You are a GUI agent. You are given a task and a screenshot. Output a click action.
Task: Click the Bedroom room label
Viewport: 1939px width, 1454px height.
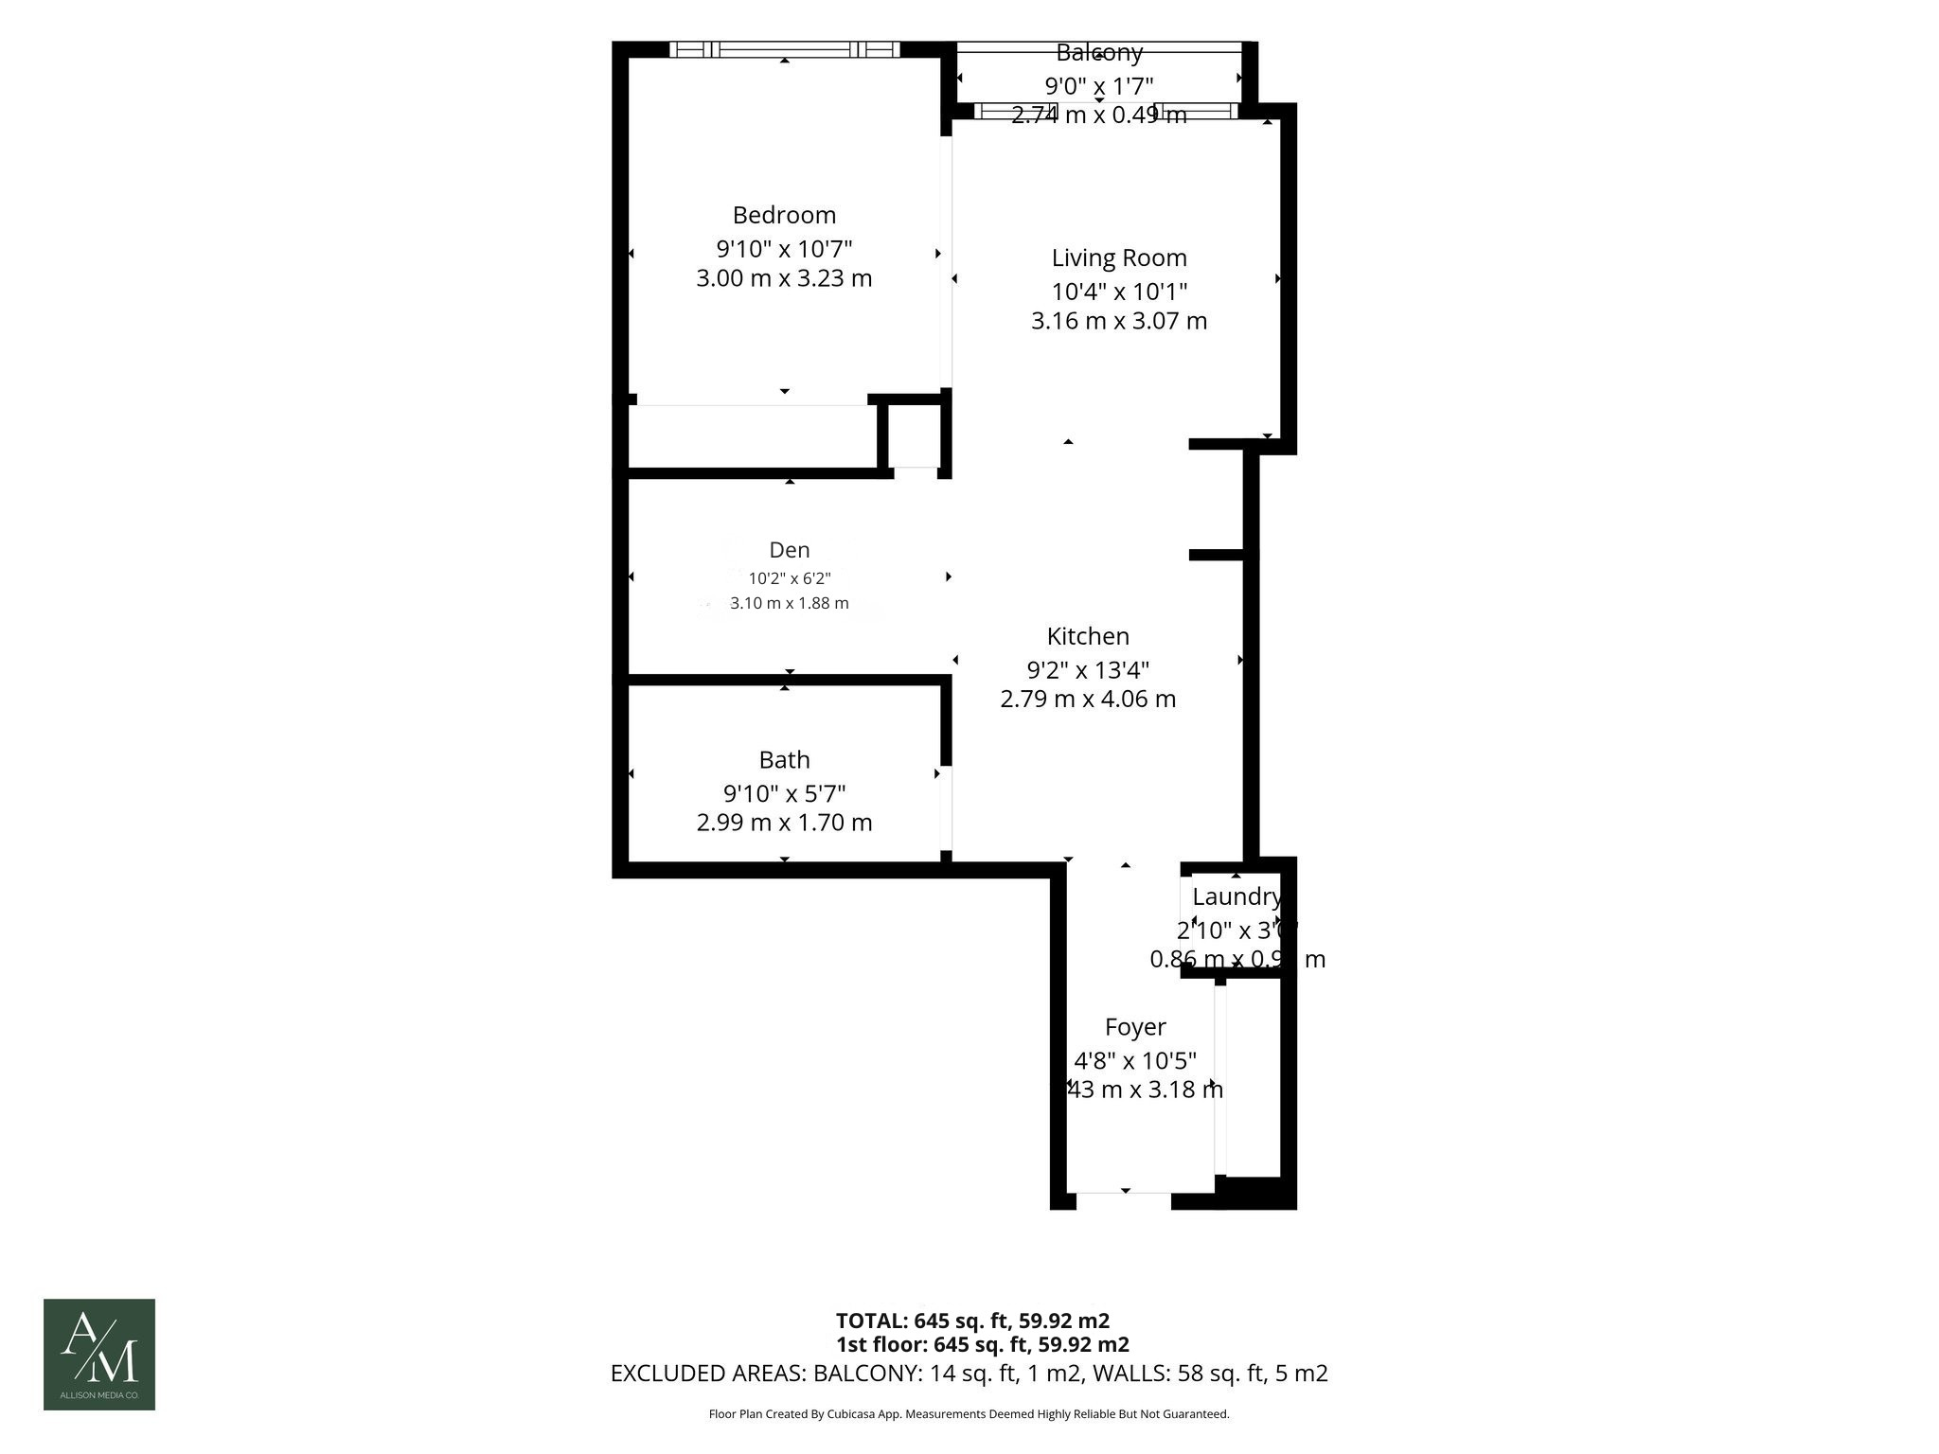pos(784,215)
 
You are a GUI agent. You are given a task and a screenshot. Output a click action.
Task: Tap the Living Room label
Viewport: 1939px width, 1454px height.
pos(1119,257)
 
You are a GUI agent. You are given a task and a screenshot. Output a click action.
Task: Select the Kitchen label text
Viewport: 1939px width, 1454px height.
pos(1088,636)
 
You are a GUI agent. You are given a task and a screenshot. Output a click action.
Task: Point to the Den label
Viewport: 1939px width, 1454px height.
pos(790,550)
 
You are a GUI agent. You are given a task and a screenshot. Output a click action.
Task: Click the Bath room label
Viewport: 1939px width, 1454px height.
pos(784,759)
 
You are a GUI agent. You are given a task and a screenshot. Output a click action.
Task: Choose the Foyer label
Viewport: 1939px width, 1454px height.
pos(1135,1027)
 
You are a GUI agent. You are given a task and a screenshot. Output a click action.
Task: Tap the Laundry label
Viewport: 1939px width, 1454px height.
pos(1236,896)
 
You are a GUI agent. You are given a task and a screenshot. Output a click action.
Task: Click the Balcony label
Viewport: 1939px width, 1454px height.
pos(1099,52)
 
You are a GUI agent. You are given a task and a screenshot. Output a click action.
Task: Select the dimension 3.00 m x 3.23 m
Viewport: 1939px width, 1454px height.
pos(784,279)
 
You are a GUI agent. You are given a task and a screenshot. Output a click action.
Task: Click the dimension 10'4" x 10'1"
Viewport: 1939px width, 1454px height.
pos(1119,292)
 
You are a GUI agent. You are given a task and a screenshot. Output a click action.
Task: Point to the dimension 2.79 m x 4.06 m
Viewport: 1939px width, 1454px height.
pos(1088,700)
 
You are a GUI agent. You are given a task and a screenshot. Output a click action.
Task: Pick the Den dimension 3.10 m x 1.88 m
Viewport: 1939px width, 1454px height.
pos(790,603)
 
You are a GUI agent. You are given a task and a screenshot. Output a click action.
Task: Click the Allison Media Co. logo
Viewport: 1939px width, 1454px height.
pos(99,1354)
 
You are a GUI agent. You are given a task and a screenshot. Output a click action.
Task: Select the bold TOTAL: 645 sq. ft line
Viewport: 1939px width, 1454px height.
pos(972,1321)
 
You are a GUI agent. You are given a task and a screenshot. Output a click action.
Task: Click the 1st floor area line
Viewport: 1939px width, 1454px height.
pos(982,1344)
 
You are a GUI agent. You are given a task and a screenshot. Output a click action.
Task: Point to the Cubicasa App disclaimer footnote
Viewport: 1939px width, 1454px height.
pos(969,1414)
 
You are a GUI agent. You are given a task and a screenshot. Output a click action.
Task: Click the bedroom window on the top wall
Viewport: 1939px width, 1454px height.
pos(785,49)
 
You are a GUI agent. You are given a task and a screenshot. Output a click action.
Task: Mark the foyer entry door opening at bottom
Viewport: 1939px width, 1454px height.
pos(1124,1200)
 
